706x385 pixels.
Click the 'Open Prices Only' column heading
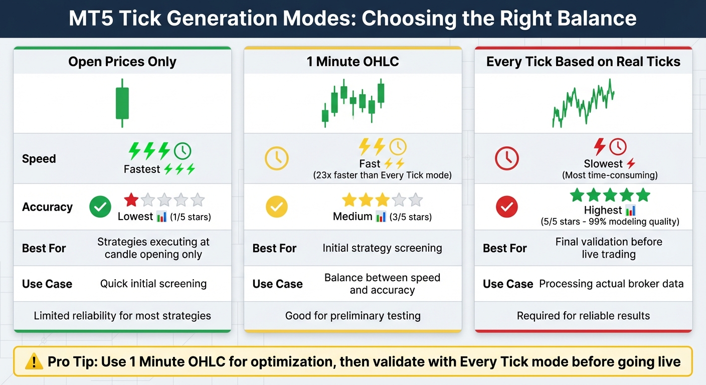tap(122, 62)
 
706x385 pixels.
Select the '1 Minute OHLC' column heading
tap(352, 62)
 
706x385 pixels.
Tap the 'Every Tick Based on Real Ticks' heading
tap(583, 62)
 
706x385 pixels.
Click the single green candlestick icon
tap(122, 102)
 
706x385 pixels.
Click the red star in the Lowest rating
tap(131, 200)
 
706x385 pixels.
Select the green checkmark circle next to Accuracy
tap(100, 207)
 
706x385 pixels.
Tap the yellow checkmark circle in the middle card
tap(277, 207)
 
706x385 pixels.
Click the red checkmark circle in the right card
tap(507, 207)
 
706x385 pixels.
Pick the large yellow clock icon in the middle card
tap(277, 158)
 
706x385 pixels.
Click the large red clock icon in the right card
tap(507, 158)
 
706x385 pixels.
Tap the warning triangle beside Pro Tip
tap(34, 361)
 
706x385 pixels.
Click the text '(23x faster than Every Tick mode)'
tap(382, 175)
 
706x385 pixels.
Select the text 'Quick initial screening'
tap(153, 284)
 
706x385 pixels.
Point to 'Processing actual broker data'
tap(611, 284)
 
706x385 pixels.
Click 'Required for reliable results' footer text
tap(583, 316)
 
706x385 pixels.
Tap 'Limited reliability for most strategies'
tap(122, 316)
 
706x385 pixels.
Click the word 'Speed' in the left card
tap(39, 159)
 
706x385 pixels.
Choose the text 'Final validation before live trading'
tap(608, 248)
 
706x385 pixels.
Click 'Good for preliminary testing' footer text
tap(352, 316)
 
